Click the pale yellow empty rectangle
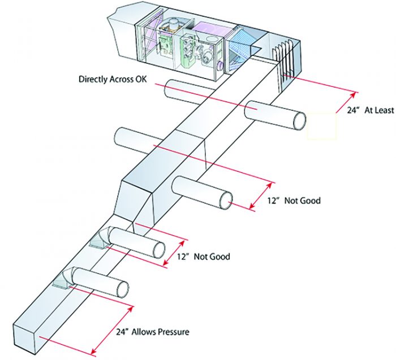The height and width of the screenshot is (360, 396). point(321,125)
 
